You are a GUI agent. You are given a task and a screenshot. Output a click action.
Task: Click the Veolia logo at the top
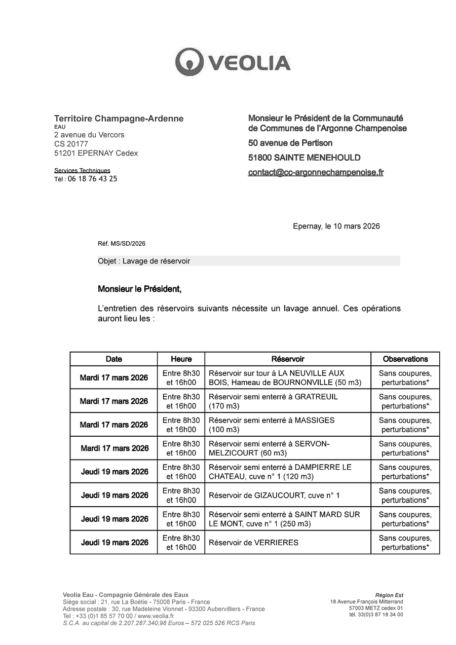click(x=233, y=62)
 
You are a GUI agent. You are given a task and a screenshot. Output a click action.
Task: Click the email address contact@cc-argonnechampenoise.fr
click(x=316, y=172)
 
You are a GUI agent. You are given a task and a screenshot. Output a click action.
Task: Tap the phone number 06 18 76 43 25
click(x=92, y=179)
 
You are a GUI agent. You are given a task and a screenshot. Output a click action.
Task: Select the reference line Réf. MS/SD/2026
click(x=122, y=244)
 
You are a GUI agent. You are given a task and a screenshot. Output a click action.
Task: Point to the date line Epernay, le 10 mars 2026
click(x=336, y=226)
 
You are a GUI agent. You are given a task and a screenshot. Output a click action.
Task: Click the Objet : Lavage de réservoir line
click(x=144, y=261)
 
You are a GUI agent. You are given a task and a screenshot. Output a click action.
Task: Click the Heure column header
click(x=181, y=359)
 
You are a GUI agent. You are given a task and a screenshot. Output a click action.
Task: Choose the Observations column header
click(x=405, y=359)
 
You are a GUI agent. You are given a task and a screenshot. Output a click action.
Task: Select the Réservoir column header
click(x=288, y=359)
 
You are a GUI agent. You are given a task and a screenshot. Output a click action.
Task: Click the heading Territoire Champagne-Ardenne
click(x=119, y=119)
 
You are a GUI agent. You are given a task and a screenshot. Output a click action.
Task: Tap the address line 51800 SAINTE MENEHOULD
click(x=305, y=158)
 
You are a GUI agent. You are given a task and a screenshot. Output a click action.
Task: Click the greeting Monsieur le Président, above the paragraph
click(x=139, y=289)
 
